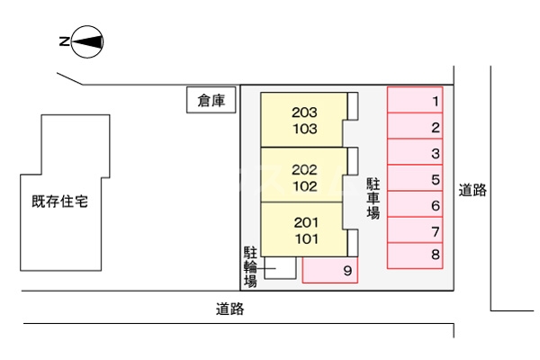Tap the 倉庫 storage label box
coord(211,101)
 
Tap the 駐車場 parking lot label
coord(373,198)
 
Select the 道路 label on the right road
coord(472,190)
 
